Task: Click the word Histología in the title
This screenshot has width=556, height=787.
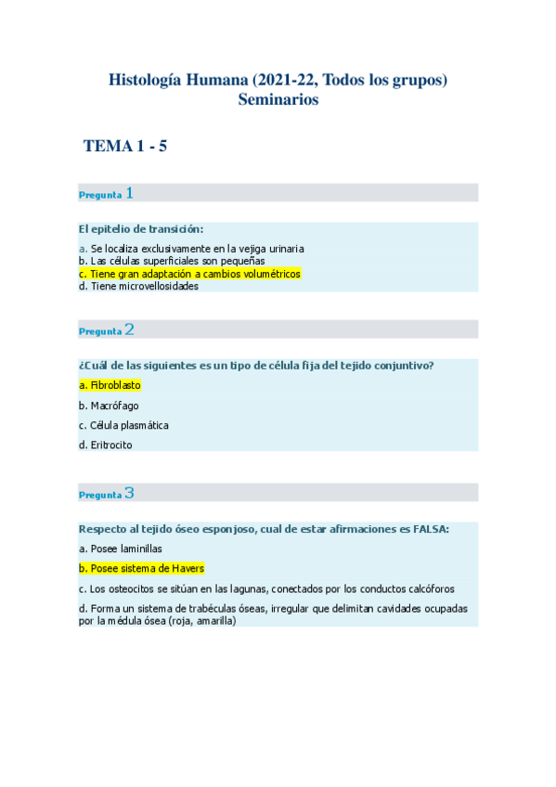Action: (148, 81)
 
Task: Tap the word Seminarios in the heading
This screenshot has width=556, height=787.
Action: (278, 99)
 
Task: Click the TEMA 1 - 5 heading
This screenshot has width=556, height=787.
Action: (124, 146)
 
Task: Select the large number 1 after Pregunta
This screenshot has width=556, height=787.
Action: (129, 193)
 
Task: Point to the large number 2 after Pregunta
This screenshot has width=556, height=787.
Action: (129, 329)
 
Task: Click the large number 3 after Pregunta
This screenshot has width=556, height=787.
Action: (129, 493)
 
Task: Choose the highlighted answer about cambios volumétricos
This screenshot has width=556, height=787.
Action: (190, 275)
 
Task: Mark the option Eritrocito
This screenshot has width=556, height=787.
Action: (106, 445)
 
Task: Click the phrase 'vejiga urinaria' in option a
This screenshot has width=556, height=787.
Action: (273, 249)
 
